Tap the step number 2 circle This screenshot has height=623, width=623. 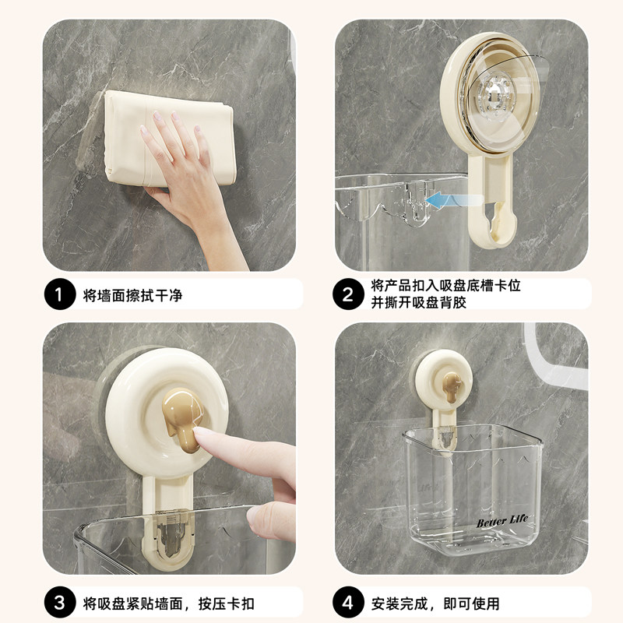348,294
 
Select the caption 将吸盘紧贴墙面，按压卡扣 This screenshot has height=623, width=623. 169,604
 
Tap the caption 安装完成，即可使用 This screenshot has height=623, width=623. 435,604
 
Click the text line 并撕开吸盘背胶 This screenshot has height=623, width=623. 419,303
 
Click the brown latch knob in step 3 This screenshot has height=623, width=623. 181,423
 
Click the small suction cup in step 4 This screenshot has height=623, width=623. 443,379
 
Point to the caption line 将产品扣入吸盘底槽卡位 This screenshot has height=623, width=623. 445,286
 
